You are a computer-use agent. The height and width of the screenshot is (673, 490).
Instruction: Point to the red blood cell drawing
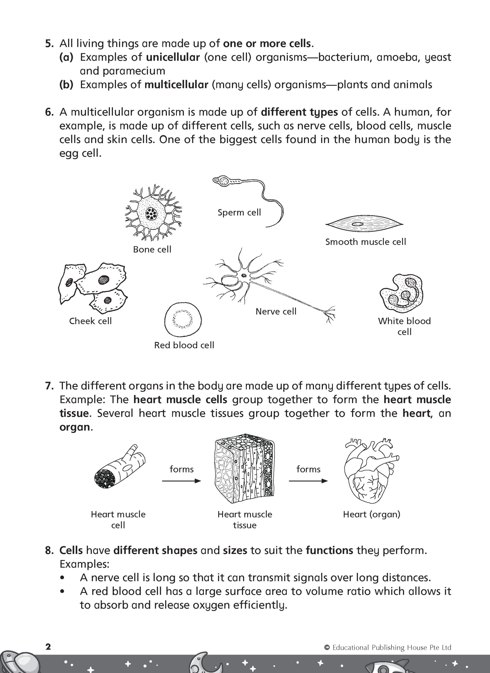tap(183, 320)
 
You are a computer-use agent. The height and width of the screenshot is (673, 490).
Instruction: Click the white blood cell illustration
tap(402, 292)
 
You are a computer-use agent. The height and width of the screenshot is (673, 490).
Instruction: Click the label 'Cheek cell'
tap(90, 321)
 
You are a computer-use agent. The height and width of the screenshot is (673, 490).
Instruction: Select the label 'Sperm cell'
tap(239, 212)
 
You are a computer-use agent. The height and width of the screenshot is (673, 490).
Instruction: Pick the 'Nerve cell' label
tap(276, 312)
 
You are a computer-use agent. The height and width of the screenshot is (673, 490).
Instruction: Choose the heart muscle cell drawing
tap(119, 468)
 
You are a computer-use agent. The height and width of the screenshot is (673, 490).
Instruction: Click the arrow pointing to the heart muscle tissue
tap(181, 481)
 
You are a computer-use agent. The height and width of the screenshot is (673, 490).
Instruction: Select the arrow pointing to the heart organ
tap(308, 481)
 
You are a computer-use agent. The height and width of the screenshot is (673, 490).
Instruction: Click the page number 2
tap(48, 647)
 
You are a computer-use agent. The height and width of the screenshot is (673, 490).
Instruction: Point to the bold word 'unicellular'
tap(173, 57)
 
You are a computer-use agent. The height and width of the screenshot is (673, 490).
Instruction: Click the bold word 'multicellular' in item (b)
tap(176, 85)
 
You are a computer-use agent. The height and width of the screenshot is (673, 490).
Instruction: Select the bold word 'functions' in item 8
tap(329, 550)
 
